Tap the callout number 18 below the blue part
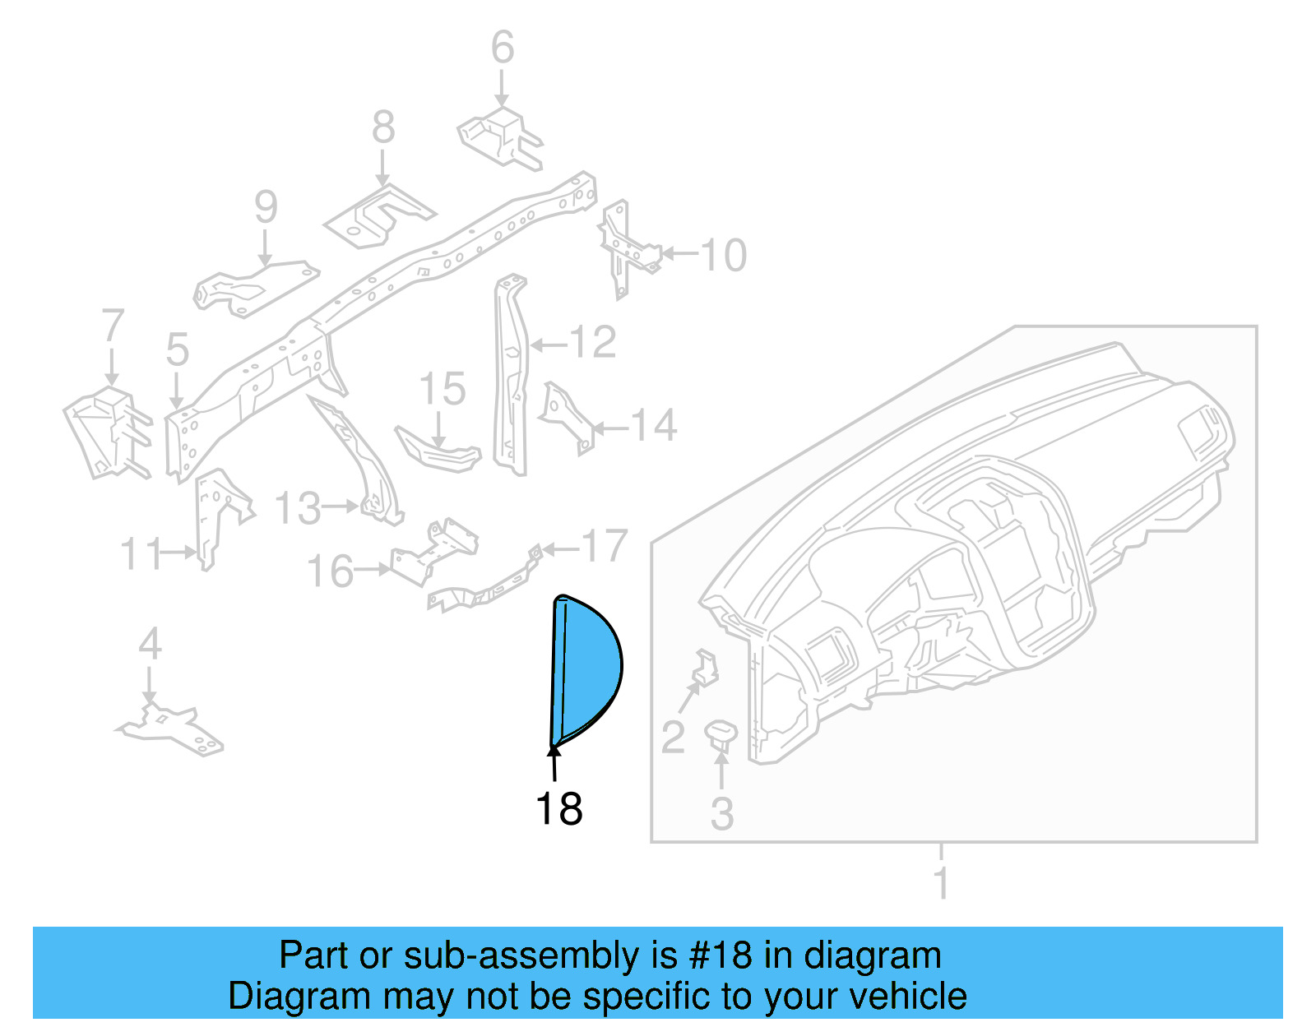(x=559, y=809)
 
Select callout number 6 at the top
(x=502, y=47)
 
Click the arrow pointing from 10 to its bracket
(x=679, y=253)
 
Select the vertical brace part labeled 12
(x=510, y=374)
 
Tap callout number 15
(x=443, y=389)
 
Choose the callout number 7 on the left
(x=113, y=326)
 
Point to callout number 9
(x=266, y=206)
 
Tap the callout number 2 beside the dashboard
(x=673, y=737)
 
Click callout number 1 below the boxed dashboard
(x=942, y=884)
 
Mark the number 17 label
(x=605, y=546)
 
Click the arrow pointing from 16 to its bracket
(x=373, y=568)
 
